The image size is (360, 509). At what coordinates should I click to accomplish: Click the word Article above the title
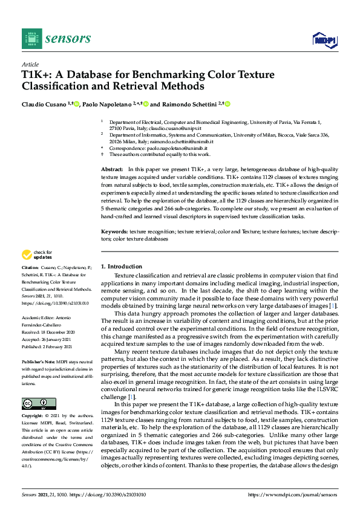pos(30,64)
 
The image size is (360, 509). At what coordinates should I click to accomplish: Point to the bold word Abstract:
pos(112,170)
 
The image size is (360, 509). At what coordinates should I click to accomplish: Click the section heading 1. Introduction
pos(121,266)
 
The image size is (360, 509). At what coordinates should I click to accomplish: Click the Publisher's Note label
pos(37,360)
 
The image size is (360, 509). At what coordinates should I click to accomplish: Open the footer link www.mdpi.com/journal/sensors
pos(293,494)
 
